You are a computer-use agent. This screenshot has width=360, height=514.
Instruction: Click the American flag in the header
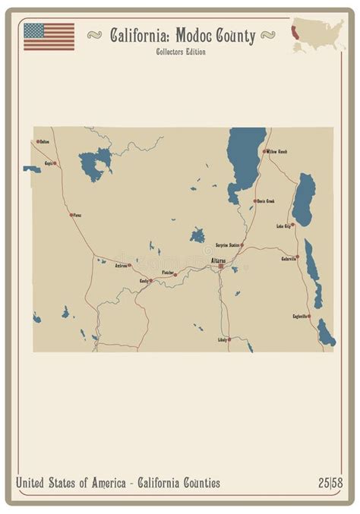[x=49, y=36]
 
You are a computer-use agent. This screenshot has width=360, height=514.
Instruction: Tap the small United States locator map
[x=318, y=35]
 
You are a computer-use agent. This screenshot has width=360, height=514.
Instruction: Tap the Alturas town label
[x=217, y=260]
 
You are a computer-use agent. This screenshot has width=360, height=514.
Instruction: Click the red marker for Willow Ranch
[x=264, y=151]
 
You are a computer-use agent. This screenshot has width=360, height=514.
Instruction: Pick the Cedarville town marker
[x=297, y=257]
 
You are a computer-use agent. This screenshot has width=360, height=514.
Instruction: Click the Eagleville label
[x=300, y=316]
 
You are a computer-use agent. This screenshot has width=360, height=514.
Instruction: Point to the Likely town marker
[x=229, y=339]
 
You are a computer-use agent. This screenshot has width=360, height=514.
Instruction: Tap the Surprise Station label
[x=228, y=245]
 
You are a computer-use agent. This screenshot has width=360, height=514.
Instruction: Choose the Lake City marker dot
[x=292, y=225]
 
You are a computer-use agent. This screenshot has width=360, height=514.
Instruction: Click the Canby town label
[x=143, y=281]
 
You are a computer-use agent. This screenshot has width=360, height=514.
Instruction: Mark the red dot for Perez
[x=71, y=215]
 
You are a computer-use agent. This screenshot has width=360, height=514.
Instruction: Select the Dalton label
[x=44, y=142]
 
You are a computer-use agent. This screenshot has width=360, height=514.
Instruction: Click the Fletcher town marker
[x=175, y=275]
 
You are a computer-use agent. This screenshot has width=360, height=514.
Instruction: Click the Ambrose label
[x=121, y=266]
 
